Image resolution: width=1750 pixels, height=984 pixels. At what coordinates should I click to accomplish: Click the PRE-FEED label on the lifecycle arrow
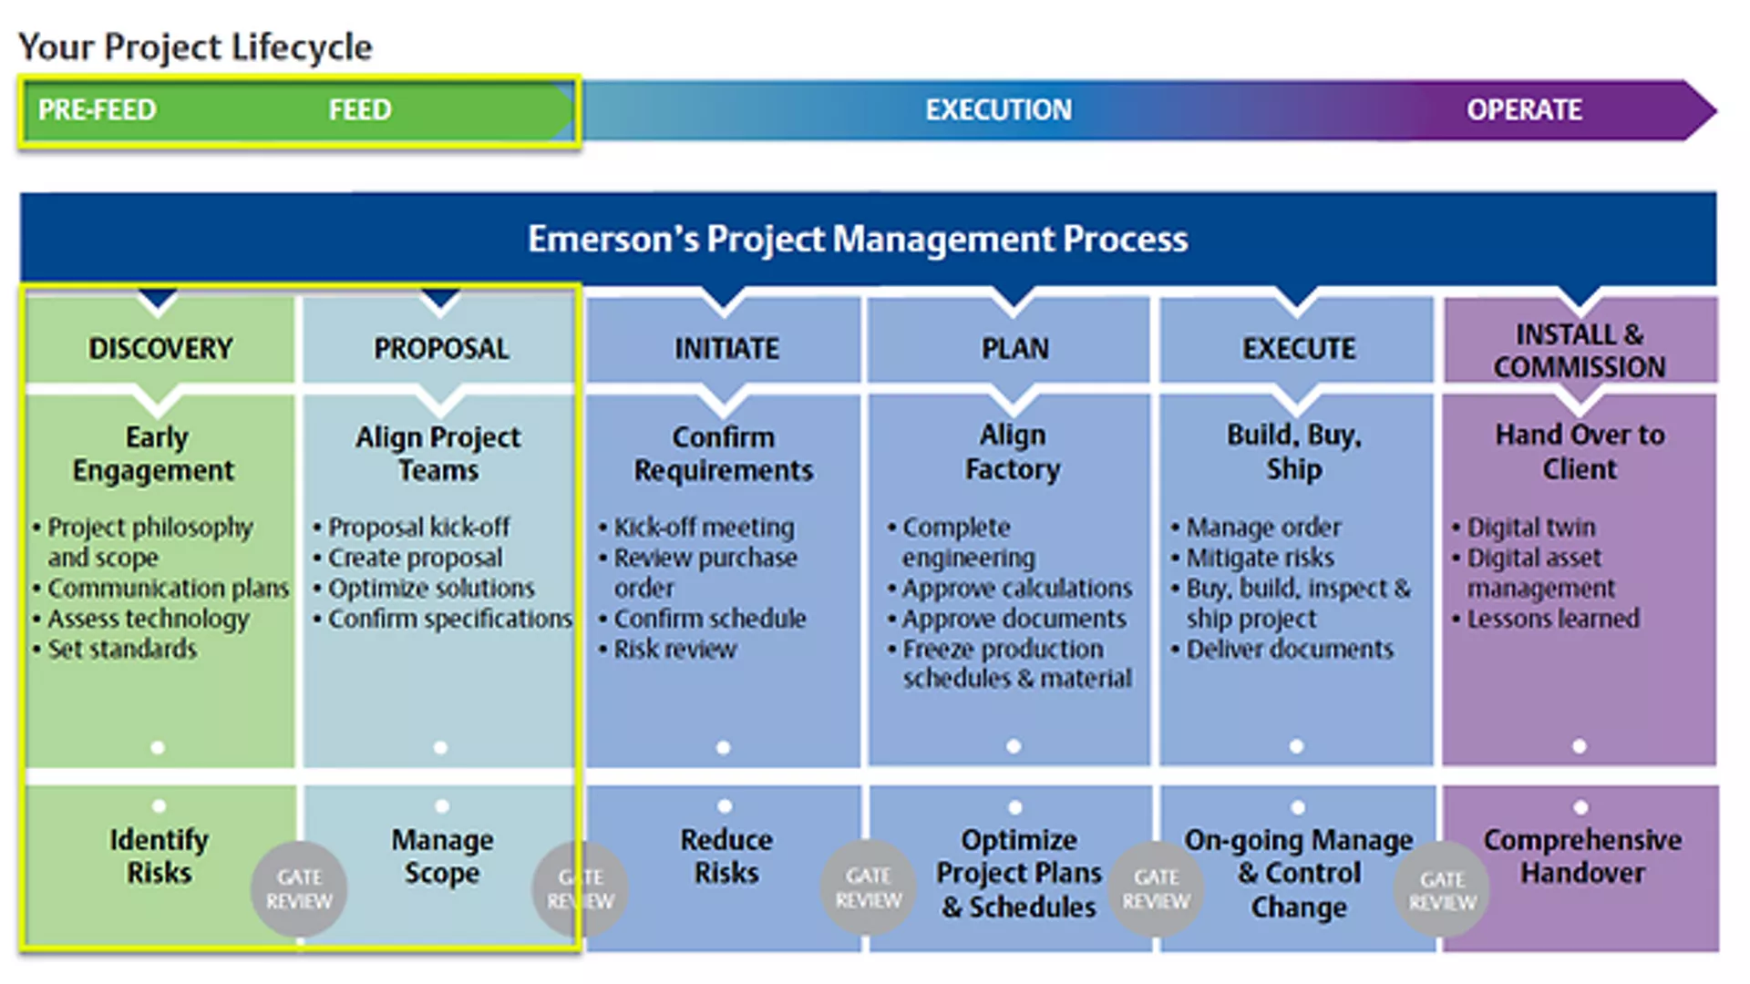click(x=97, y=110)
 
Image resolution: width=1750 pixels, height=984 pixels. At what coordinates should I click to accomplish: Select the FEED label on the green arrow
click(x=359, y=110)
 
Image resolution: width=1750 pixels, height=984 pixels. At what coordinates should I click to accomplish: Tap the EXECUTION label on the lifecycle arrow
click(x=998, y=110)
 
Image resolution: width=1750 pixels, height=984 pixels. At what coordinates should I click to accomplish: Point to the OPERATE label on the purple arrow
click(x=1524, y=110)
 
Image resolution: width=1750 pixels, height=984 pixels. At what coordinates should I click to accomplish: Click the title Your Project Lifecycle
click(x=195, y=46)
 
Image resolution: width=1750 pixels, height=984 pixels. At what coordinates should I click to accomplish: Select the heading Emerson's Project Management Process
click(x=858, y=240)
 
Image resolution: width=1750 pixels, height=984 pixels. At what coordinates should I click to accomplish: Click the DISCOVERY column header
click(x=160, y=348)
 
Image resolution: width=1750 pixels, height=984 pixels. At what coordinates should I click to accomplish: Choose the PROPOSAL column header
click(x=441, y=348)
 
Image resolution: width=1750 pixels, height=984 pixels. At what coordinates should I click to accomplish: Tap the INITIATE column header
click(x=726, y=348)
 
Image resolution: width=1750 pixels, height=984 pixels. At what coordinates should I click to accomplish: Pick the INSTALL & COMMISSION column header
click(x=1580, y=351)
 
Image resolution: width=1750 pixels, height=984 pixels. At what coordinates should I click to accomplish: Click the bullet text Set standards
click(x=122, y=649)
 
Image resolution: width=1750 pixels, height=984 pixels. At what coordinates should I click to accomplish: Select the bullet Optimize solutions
click(x=431, y=589)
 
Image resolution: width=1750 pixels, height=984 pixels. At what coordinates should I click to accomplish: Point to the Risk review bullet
click(x=674, y=649)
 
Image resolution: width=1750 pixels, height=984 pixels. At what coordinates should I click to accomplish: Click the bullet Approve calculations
click(x=1016, y=589)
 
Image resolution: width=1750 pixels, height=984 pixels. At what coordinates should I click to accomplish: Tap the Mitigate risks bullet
click(x=1260, y=558)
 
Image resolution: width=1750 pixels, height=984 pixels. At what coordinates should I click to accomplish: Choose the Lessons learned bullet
click(x=1552, y=619)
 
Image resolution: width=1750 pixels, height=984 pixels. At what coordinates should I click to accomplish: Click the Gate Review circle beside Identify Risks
click(x=299, y=889)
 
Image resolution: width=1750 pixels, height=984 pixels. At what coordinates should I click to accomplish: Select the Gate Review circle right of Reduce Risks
click(x=868, y=888)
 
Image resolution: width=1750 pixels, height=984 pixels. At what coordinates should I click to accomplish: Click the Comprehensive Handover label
click(x=1582, y=856)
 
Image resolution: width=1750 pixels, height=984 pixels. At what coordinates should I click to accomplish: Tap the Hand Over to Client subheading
click(x=1580, y=452)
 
